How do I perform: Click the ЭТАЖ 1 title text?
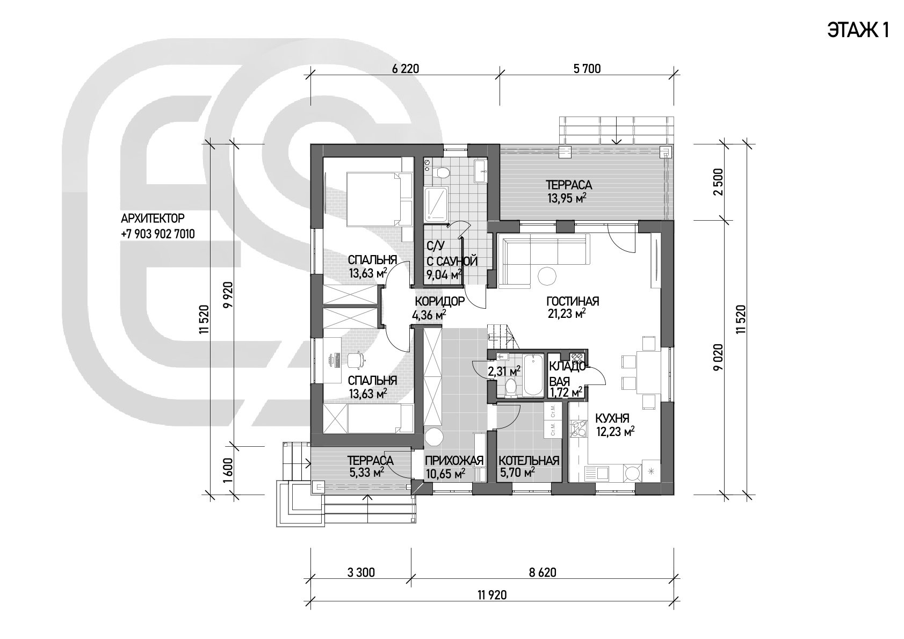click(858, 31)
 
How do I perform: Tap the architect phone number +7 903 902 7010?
click(158, 234)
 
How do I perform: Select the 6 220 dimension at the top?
click(406, 69)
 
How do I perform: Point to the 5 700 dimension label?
click(587, 69)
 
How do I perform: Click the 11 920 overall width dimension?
click(492, 595)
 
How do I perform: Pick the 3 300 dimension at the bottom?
click(361, 572)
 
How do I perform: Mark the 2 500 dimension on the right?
click(718, 182)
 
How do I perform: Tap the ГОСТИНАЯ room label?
click(573, 301)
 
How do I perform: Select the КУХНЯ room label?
click(612, 418)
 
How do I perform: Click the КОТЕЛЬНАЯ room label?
click(529, 461)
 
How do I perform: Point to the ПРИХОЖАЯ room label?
click(454, 461)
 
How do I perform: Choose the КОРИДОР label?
click(440, 301)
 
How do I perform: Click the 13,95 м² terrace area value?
click(567, 198)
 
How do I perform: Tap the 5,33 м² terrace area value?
click(366, 472)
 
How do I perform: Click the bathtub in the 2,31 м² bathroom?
click(533, 375)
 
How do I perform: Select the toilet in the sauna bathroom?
click(443, 172)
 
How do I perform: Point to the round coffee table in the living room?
click(547, 277)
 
